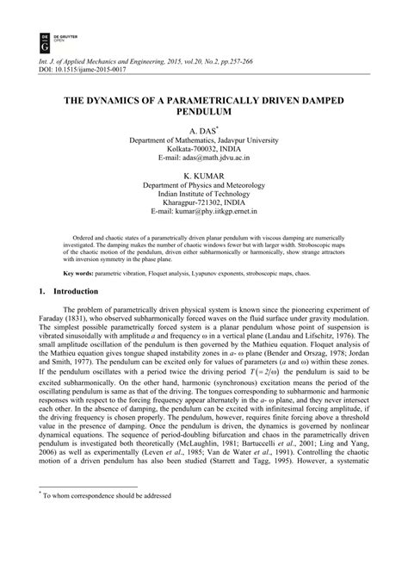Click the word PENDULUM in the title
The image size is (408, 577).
point(203,112)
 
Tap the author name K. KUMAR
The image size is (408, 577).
point(203,175)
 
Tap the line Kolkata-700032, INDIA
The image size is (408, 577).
point(203,149)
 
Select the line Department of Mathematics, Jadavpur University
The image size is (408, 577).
point(203,140)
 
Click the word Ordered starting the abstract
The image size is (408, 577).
point(83,235)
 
